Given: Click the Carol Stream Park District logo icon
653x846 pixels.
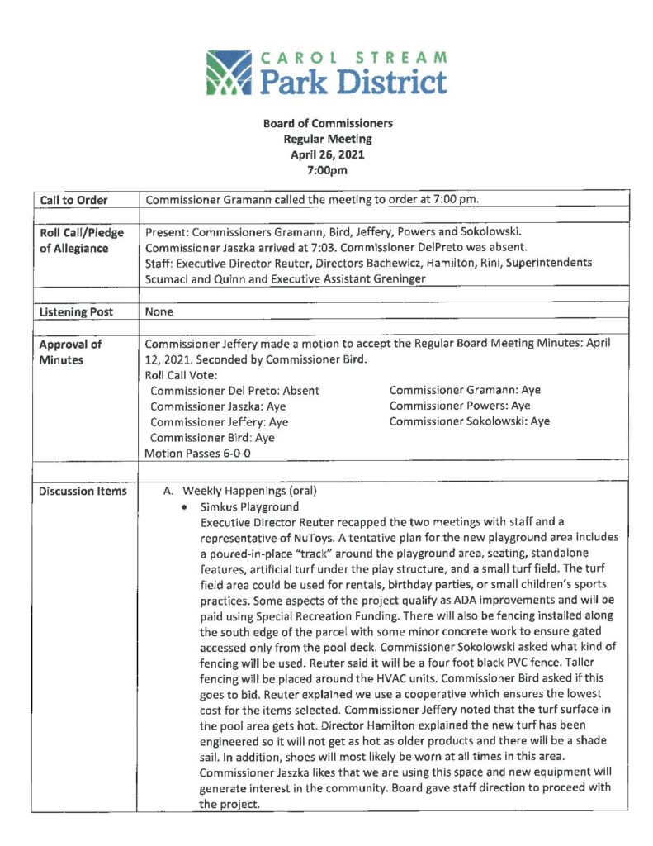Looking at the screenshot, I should tap(232, 75).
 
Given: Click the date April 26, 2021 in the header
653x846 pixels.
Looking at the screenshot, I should tap(328, 154).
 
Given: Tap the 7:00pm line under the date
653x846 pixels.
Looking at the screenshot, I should tap(328, 170).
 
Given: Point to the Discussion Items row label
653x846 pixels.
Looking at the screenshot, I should tap(83, 492).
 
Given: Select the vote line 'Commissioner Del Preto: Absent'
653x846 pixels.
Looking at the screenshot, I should tap(234, 390).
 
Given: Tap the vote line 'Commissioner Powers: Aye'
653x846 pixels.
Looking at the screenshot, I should tap(460, 406).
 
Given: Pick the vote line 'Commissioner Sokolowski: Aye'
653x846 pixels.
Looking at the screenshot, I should tap(469, 421).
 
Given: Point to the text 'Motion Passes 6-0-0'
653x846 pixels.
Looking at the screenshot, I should tap(197, 454).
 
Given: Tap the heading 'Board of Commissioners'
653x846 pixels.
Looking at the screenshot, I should tap(328, 123).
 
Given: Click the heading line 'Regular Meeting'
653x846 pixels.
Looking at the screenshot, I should tap(328, 139).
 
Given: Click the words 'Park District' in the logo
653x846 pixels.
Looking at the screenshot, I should tap(353, 83).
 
